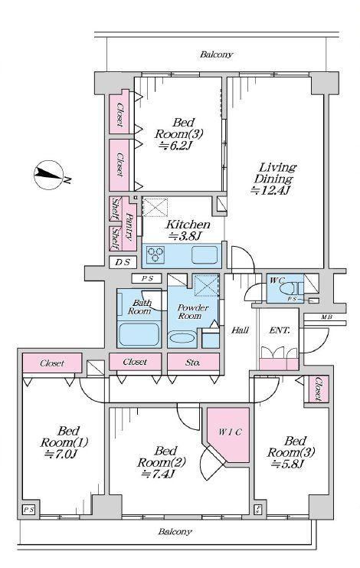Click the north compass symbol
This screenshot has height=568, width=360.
point(49,174)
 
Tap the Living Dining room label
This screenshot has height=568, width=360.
point(274,179)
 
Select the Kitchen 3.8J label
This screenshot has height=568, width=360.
point(187,230)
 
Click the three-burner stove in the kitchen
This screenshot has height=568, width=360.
point(155,253)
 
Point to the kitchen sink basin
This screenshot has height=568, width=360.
point(205,254)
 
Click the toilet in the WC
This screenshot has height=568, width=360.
point(288,290)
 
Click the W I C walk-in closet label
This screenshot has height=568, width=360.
point(230,432)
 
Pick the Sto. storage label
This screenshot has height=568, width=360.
point(192,362)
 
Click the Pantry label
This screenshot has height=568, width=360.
point(129,225)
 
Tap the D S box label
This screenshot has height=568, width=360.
point(123,262)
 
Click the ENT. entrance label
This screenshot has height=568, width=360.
point(280,330)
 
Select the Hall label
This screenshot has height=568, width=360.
point(240,330)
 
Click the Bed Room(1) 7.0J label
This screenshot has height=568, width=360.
point(64,442)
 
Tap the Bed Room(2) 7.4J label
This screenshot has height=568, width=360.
point(162,462)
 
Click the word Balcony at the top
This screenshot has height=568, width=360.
point(216,54)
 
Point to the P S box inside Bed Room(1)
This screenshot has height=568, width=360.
point(29,510)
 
